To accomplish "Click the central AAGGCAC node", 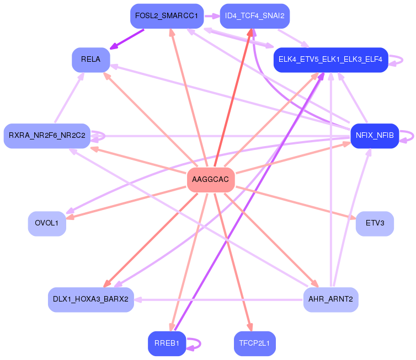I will (211, 180).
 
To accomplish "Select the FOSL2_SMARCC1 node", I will (167, 16).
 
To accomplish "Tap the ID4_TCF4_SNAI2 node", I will (254, 16).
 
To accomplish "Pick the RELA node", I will (90, 60).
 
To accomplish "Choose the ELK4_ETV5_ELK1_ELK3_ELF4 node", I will (330, 60).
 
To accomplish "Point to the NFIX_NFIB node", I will (375, 135).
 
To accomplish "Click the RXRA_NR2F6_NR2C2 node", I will (47, 136).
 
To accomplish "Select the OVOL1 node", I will (47, 223).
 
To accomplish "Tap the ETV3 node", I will (375, 223).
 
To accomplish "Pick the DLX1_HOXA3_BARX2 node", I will (90, 299).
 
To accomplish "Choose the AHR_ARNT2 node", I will (330, 299).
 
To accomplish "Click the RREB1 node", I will (167, 343).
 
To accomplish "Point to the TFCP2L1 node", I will (254, 343).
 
